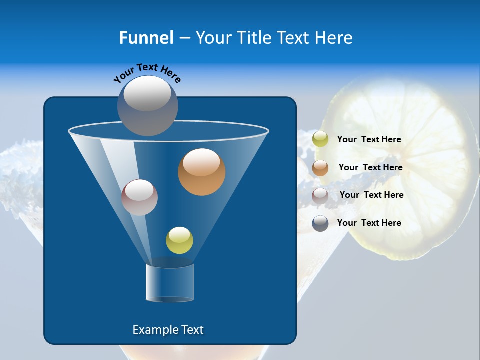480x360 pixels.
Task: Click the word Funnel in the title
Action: [146, 38]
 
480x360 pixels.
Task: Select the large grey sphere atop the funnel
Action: [147, 105]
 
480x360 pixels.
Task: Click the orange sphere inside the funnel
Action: [201, 172]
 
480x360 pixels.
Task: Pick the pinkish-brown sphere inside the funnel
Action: [139, 197]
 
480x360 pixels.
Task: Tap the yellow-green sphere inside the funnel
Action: [179, 240]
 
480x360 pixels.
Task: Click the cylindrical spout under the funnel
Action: [170, 282]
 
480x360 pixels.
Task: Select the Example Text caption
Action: [168, 330]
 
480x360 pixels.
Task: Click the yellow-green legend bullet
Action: [320, 139]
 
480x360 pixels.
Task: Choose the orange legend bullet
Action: [320, 168]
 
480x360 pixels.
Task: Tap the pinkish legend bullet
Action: [320, 195]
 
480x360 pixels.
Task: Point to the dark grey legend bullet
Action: [320, 223]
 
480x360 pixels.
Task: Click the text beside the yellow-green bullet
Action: [369, 139]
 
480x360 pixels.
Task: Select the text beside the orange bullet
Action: [370, 167]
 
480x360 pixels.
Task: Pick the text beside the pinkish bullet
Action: [371, 195]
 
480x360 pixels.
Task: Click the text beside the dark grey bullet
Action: [369, 223]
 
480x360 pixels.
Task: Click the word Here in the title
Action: [333, 38]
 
